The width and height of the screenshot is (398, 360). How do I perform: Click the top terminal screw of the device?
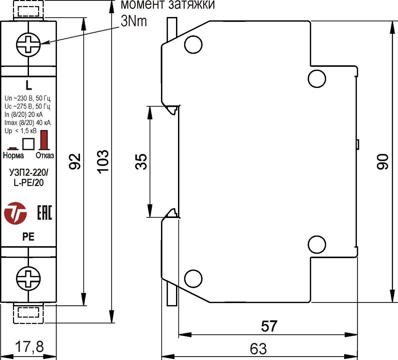coord(28,44)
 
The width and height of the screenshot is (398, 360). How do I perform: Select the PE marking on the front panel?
coord(28,237)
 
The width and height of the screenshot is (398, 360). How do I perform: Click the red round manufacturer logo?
coord(15,213)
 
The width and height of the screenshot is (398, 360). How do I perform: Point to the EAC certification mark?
coord(44,213)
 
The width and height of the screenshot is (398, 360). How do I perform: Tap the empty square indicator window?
coord(28,144)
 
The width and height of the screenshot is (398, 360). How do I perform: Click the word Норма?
coord(13,155)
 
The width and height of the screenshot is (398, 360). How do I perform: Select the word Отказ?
coord(45,155)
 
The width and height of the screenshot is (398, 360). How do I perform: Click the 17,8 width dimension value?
coord(29,347)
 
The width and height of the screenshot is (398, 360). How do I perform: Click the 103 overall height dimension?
coord(103,161)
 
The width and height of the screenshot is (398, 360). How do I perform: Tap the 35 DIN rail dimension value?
coord(141,162)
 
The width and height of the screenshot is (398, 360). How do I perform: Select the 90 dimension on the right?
coord(383,162)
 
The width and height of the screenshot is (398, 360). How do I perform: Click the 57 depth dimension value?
coord(269,326)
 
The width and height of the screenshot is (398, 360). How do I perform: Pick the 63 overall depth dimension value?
coord(258,349)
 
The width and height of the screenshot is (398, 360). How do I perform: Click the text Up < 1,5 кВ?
coord(21,131)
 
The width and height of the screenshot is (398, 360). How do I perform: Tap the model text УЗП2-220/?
coord(29,173)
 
